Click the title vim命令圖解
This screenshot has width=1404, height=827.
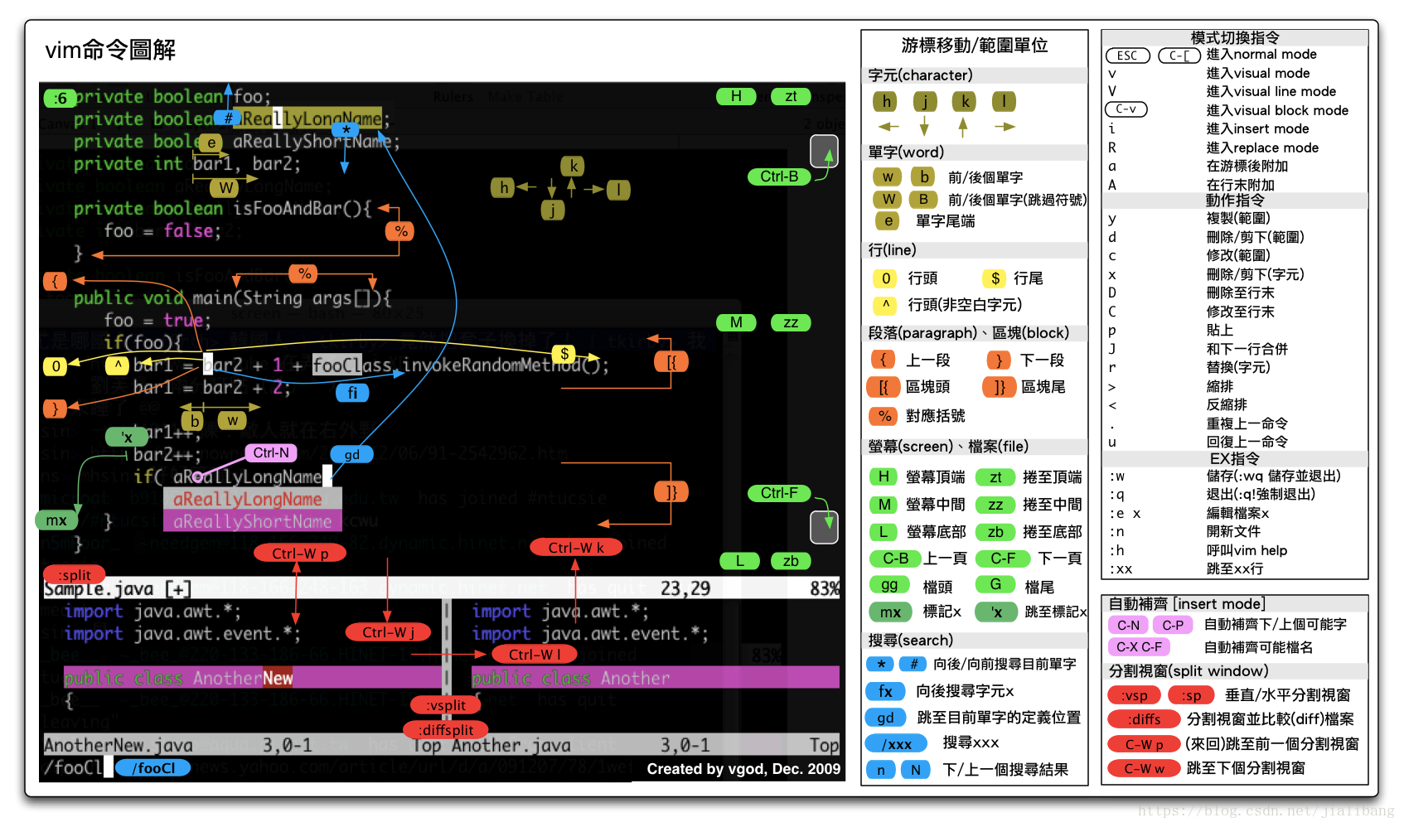110,51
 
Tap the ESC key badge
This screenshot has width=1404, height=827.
1127,56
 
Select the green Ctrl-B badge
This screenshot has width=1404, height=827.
779,177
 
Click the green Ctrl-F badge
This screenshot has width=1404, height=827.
779,493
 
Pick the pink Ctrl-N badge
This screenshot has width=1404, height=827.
271,452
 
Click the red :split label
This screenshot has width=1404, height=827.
75,575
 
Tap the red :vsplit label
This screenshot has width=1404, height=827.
446,705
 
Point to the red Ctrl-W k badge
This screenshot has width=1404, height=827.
576,547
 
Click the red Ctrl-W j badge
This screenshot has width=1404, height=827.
389,632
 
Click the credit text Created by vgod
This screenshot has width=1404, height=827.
743,769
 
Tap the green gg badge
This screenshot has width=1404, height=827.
889,585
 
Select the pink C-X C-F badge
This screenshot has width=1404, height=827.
1139,647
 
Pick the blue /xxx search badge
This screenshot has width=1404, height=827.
897,744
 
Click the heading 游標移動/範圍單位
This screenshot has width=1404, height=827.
975,46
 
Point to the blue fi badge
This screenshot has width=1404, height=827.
352,393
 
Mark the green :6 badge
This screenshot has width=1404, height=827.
60,99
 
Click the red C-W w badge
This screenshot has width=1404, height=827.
1144,769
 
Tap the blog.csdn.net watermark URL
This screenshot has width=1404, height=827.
1266,810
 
